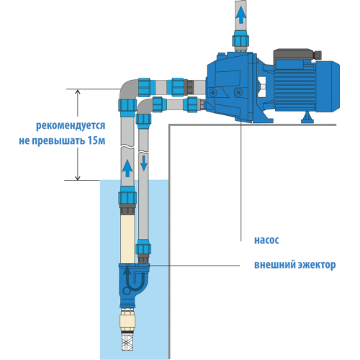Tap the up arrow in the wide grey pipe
pyautogui.click(x=127, y=168)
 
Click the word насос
pyautogui.click(x=266, y=240)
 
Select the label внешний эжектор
pyautogui.click(x=294, y=264)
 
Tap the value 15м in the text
pyautogui.click(x=95, y=140)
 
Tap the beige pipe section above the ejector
pyautogui.click(x=127, y=238)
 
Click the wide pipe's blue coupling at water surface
pyautogui.click(x=127, y=196)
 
